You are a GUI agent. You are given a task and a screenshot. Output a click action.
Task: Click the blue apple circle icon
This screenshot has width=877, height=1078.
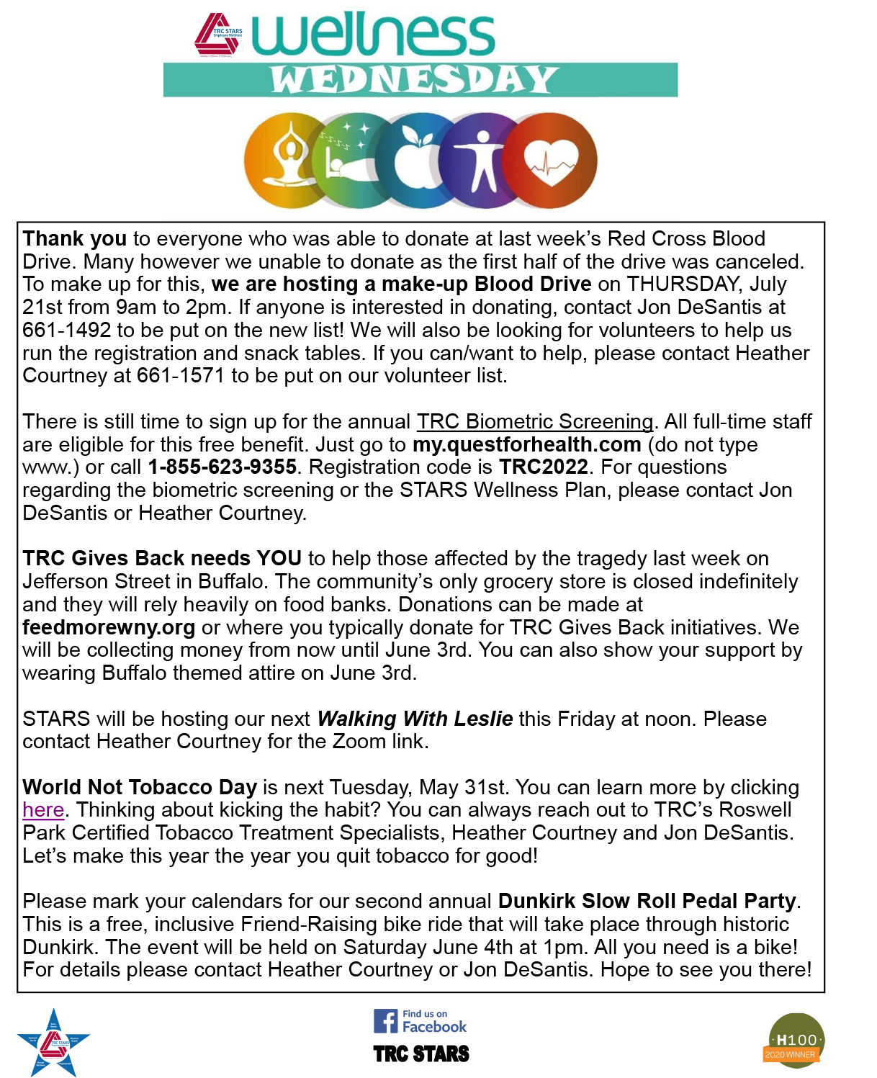tap(412, 160)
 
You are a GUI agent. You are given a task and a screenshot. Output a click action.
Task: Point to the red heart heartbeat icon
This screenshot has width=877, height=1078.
tap(552, 160)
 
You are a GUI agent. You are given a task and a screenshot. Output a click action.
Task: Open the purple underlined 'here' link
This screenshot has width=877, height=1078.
tap(43, 810)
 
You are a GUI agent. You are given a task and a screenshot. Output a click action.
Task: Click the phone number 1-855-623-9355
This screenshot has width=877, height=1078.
tap(222, 467)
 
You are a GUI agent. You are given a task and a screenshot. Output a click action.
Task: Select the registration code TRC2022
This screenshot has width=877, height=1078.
tap(544, 467)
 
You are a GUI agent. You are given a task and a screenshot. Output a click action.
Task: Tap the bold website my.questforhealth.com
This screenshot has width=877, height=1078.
tap(526, 444)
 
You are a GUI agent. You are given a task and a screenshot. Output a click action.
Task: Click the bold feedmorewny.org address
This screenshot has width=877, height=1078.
tap(109, 627)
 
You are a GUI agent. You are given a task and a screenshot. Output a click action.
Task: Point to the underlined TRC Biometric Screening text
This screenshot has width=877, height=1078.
tap(535, 421)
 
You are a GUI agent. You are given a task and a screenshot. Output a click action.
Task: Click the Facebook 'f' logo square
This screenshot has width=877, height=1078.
tap(385, 1021)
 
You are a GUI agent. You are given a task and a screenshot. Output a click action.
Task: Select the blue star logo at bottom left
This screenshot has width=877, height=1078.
tap(53, 1043)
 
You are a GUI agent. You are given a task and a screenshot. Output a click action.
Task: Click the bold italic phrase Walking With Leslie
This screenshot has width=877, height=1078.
tap(415, 719)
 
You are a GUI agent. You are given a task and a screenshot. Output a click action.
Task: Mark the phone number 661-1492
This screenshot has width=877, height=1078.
tap(67, 330)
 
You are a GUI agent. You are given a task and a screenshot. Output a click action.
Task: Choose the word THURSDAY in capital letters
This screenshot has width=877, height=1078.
tap(682, 284)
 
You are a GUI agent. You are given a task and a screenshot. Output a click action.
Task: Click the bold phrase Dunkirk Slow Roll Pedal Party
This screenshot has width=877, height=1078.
tap(647, 901)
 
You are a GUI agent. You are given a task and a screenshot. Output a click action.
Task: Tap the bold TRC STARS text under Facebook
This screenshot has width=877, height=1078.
tap(421, 1054)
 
